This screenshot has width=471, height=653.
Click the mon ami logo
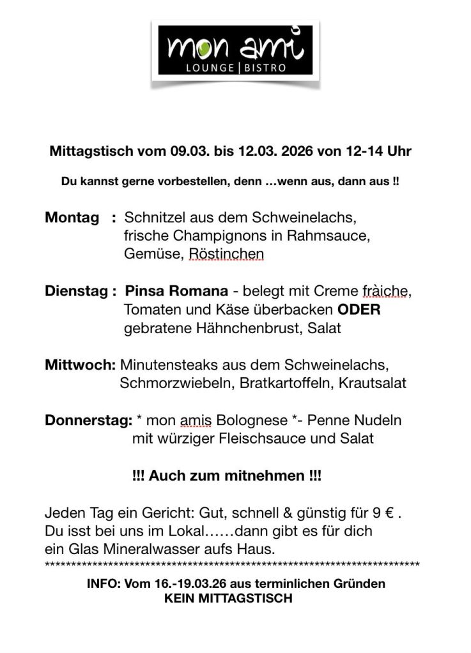tap(236, 50)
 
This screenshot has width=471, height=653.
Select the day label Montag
tap(72, 218)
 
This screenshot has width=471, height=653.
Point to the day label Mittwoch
tap(80, 366)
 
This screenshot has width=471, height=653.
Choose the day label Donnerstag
tap(88, 421)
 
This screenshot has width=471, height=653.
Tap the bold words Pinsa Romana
tap(176, 292)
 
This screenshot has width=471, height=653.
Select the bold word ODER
tap(359, 310)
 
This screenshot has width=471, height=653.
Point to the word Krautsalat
tap(373, 384)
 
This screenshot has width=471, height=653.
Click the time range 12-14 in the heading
tap(372, 152)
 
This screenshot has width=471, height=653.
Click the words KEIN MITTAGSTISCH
tap(228, 599)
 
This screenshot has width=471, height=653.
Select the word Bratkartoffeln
tap(285, 384)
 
